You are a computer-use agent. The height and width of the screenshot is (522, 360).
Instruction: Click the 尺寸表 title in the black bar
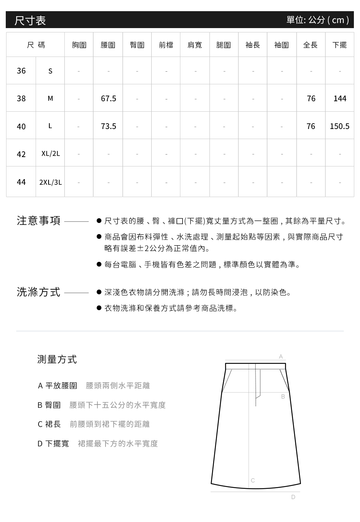(x=30, y=20)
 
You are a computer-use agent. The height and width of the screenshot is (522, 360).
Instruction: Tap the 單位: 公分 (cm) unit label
(x=318, y=20)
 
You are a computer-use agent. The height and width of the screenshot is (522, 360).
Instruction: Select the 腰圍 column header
(x=108, y=45)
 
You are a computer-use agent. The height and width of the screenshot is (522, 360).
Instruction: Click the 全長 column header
(x=310, y=45)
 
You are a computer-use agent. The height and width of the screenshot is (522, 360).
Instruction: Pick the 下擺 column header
(x=339, y=45)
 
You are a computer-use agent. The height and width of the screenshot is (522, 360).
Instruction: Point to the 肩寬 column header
(x=195, y=45)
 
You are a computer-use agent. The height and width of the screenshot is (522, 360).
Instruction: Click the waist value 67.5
(x=108, y=98)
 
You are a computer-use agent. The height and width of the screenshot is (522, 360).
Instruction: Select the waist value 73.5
(x=108, y=126)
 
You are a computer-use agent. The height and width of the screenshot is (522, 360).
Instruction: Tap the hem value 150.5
(x=339, y=126)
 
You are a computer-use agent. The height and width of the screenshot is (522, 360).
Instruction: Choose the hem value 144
(x=340, y=98)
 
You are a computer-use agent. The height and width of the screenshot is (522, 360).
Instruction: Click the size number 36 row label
(x=21, y=71)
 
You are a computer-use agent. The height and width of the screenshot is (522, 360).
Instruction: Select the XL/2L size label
(x=50, y=154)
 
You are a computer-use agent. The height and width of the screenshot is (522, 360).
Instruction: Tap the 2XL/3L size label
(x=50, y=182)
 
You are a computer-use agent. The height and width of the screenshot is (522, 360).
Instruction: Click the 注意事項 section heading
(x=39, y=220)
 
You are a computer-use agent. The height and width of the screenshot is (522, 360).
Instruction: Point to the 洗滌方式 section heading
(x=39, y=292)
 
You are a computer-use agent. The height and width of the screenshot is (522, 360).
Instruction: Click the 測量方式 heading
(x=57, y=359)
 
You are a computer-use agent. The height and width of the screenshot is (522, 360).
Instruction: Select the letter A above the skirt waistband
(x=281, y=356)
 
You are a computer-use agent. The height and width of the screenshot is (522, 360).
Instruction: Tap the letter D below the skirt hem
(x=293, y=497)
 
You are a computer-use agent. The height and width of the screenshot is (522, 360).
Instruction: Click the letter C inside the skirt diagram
(x=253, y=480)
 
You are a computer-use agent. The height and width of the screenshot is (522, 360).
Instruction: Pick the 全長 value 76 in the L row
(x=311, y=126)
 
